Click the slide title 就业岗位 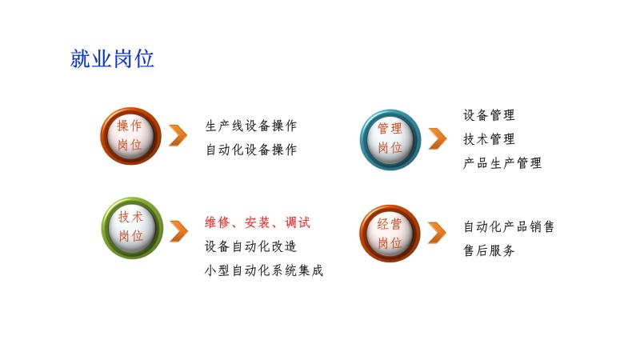click(x=112, y=58)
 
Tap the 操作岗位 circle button click(x=130, y=136)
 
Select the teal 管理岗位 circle click(x=390, y=139)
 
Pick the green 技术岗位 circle click(x=132, y=228)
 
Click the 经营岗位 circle click(x=390, y=233)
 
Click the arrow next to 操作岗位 click(x=178, y=135)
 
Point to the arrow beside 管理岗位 click(x=438, y=138)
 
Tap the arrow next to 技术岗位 click(x=178, y=231)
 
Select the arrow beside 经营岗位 click(x=437, y=233)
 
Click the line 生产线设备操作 click(x=251, y=126)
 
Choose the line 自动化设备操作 click(x=251, y=150)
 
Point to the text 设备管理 click(x=489, y=115)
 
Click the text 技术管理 click(x=489, y=139)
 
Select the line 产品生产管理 click(x=502, y=163)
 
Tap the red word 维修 click(x=217, y=222)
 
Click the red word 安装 click(x=257, y=222)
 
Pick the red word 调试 click(x=298, y=222)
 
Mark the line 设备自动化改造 click(x=250, y=246)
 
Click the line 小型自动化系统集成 click(x=264, y=270)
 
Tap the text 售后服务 click(x=489, y=250)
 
